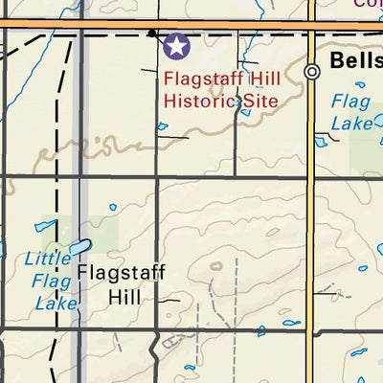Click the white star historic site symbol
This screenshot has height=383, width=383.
click(x=176, y=45)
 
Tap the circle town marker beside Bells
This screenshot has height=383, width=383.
click(x=312, y=72)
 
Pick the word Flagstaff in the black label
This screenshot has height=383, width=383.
click(x=121, y=274)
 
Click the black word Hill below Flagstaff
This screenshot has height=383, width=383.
click(x=124, y=297)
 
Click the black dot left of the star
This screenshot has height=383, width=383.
click(x=151, y=34)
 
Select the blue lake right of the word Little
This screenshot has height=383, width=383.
click(x=79, y=249)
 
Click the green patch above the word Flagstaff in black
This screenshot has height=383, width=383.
click(x=103, y=235)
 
